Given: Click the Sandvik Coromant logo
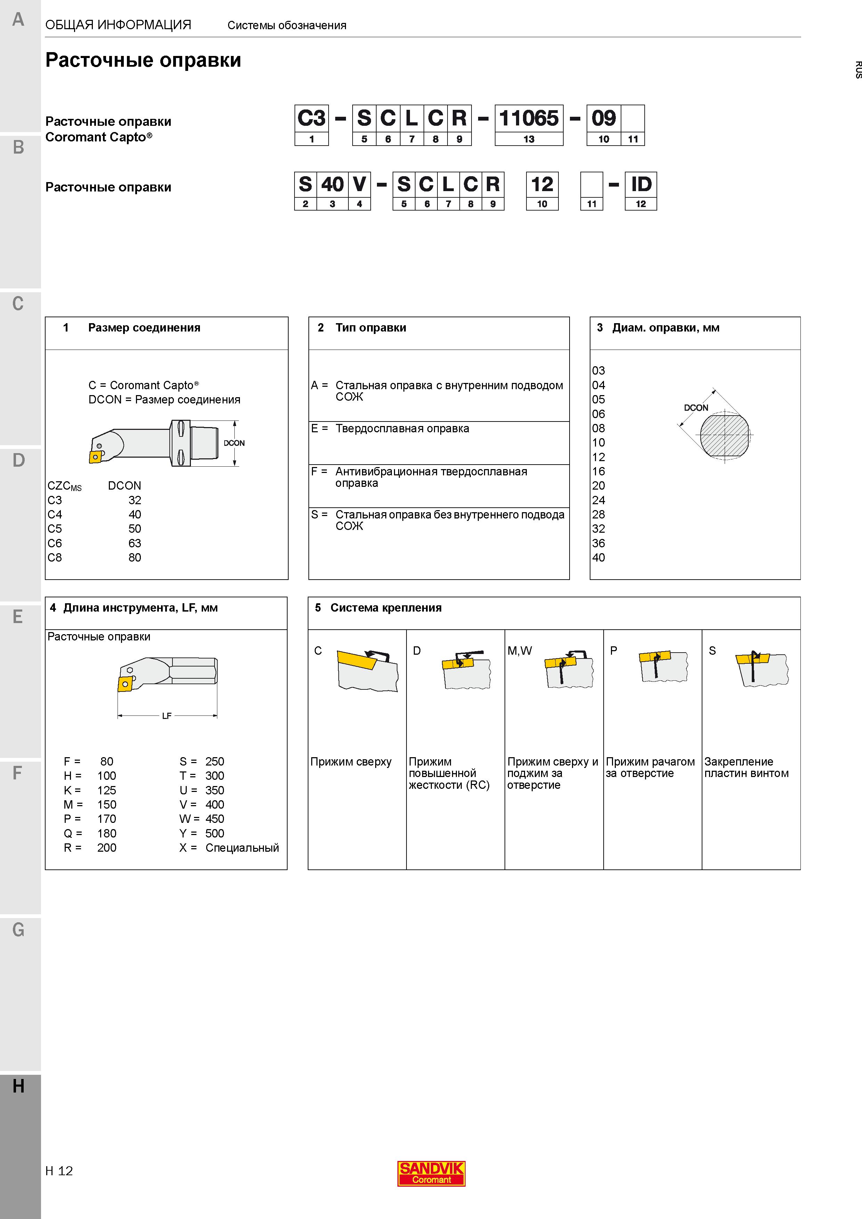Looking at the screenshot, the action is (431, 1173).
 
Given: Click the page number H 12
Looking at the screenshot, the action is (59, 1171).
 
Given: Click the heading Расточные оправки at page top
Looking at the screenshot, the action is (143, 60).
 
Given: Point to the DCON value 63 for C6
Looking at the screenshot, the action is (135, 543).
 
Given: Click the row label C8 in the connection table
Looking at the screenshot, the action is (55, 557).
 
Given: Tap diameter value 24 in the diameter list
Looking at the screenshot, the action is (598, 500).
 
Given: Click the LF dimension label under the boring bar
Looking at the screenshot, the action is (167, 716).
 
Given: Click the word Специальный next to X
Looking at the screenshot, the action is (242, 848).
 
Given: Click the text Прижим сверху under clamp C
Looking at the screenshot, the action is (351, 762).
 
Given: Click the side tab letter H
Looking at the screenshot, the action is (18, 1086).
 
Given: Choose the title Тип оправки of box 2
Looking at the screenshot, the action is (371, 328).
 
